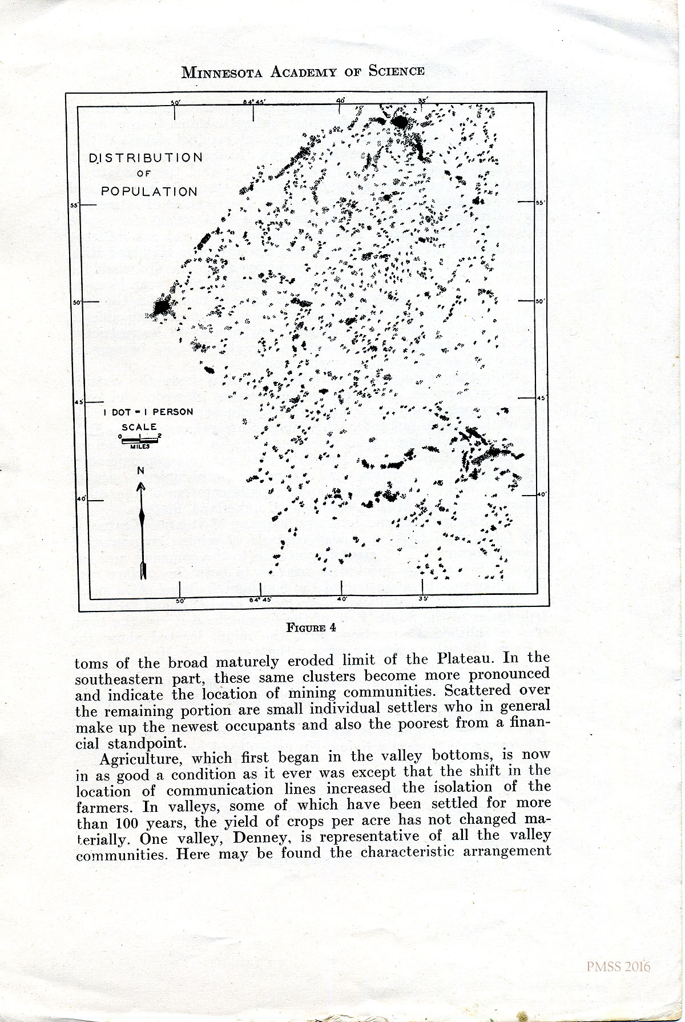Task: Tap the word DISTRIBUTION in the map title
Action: coord(146,158)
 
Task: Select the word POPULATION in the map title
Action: coord(149,192)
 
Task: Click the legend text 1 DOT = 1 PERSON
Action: coord(148,412)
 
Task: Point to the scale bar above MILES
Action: coord(139,439)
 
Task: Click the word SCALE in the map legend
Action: coord(139,426)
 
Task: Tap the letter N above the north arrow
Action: coord(140,471)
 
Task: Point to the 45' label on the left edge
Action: coord(79,403)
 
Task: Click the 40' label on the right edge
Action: coord(542,494)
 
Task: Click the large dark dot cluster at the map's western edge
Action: coord(162,308)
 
